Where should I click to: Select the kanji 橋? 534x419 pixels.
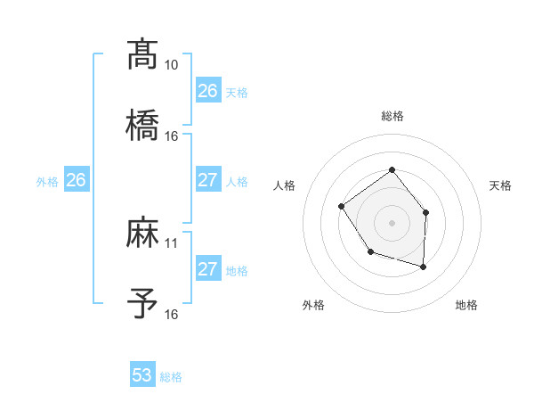[x=142, y=125]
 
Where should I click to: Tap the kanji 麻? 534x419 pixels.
[x=142, y=234]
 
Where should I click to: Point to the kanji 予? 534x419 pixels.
[x=142, y=303]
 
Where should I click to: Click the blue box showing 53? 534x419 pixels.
[x=142, y=375]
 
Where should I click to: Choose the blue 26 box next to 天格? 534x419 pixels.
[x=208, y=91]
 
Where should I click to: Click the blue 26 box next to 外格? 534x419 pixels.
[x=76, y=180]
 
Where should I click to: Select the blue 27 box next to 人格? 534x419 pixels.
[x=208, y=180]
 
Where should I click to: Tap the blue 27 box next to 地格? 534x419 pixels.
[x=208, y=269]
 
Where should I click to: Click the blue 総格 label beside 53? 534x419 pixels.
[x=171, y=377]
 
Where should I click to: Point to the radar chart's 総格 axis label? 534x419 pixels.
[x=392, y=116]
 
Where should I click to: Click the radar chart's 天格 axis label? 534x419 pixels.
[x=501, y=185]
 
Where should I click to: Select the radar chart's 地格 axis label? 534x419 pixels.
[x=466, y=306]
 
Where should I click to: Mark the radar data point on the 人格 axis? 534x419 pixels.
[x=342, y=207]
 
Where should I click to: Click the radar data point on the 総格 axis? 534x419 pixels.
[x=392, y=169]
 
